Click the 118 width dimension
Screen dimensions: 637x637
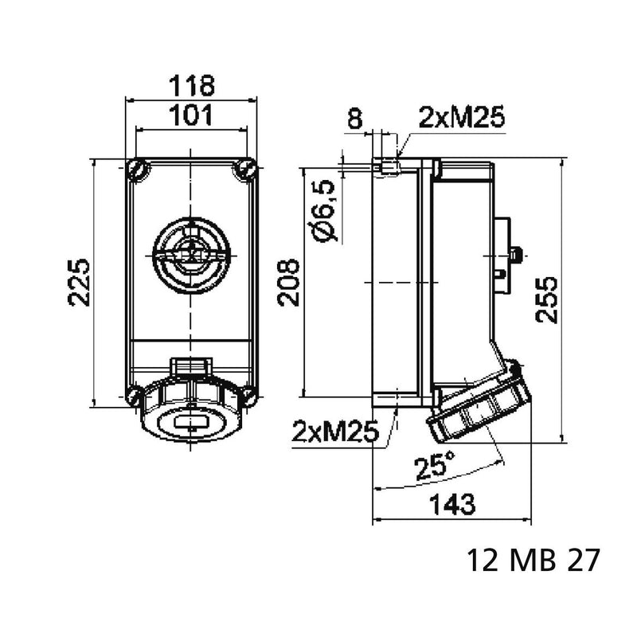[x=191, y=85]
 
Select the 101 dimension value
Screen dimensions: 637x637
[x=191, y=115]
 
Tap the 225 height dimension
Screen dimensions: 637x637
[x=78, y=282]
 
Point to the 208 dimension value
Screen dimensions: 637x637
[x=288, y=282]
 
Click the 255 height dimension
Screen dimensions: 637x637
[x=546, y=300]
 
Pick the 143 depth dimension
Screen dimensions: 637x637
[x=452, y=504]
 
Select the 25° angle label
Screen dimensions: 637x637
[x=435, y=467]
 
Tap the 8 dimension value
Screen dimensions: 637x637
[x=354, y=118]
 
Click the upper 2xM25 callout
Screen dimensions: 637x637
[x=462, y=116]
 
